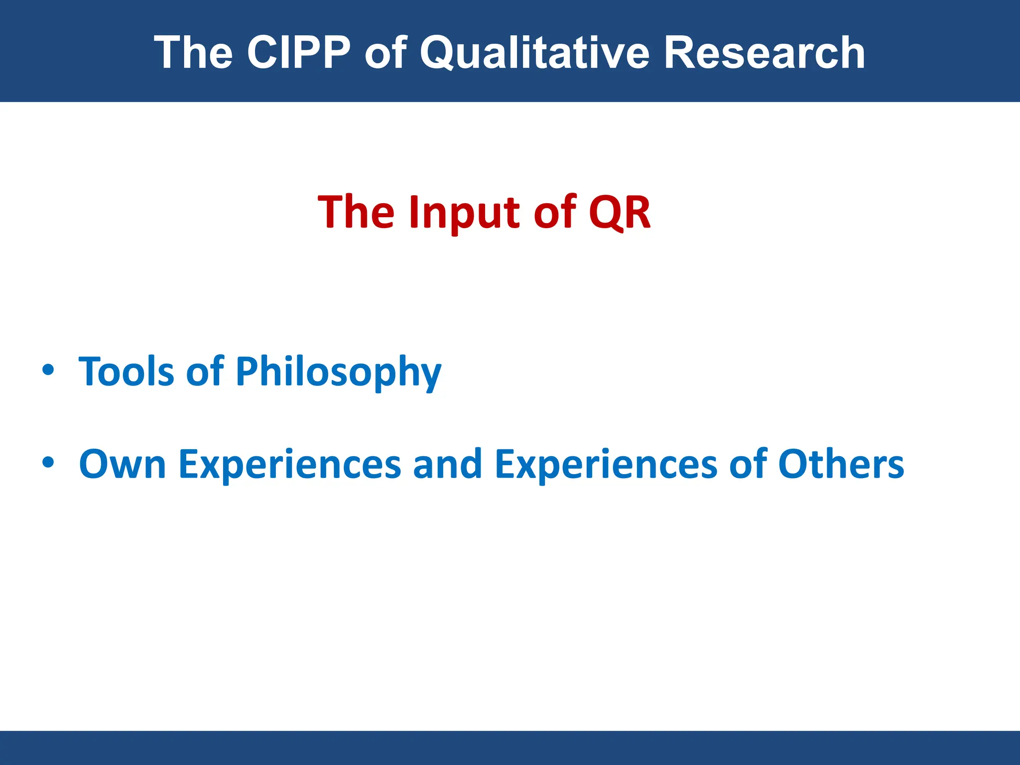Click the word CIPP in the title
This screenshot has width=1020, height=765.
pyautogui.click(x=299, y=52)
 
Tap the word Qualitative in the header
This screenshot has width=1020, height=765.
pyautogui.click(x=534, y=52)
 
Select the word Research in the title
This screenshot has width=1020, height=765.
pyautogui.click(x=764, y=52)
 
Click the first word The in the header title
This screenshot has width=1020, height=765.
pyautogui.click(x=194, y=52)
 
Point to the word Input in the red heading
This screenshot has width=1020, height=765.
pyautogui.click(x=466, y=213)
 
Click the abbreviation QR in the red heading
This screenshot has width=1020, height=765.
pyautogui.click(x=620, y=212)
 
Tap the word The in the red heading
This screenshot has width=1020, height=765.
pyautogui.click(x=357, y=212)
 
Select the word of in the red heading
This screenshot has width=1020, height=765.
pyautogui.click(x=554, y=212)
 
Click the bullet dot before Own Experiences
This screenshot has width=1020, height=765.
pyautogui.click(x=48, y=463)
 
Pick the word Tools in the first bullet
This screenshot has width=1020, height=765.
pyautogui.click(x=127, y=372)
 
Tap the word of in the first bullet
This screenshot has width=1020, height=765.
pyautogui.click(x=205, y=372)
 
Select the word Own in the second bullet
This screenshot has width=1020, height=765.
pyautogui.click(x=123, y=464)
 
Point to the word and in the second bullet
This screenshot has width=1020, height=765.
pyautogui.click(x=447, y=464)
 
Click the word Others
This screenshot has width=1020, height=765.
pyautogui.click(x=841, y=464)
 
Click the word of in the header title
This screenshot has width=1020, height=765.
pyautogui.click(x=386, y=52)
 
